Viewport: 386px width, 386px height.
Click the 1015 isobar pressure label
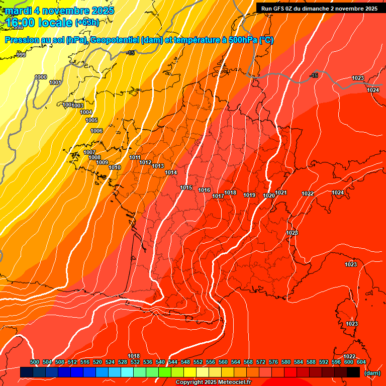tap(186, 188)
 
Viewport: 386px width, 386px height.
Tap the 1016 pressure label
tap(204, 190)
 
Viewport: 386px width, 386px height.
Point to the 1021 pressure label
tap(281, 193)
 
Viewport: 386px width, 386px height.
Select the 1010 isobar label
tap(115, 167)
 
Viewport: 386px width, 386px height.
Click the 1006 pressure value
tap(96, 131)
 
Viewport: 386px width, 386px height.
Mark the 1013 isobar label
tap(158, 166)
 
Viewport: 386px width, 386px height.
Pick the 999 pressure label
tap(21, 55)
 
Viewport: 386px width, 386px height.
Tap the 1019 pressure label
tap(249, 196)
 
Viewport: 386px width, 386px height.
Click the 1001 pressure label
tap(55, 83)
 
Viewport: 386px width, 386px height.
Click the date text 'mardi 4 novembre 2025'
tap(60, 11)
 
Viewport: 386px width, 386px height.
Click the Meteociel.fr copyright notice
tap(213, 382)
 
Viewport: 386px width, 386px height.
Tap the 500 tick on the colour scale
tap(35, 362)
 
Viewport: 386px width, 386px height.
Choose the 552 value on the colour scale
tap(198, 362)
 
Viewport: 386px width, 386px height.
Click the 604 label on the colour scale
tap(361, 362)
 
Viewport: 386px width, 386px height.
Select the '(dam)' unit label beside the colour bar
tap(372, 373)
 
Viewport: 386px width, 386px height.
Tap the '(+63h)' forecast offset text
tap(87, 23)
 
